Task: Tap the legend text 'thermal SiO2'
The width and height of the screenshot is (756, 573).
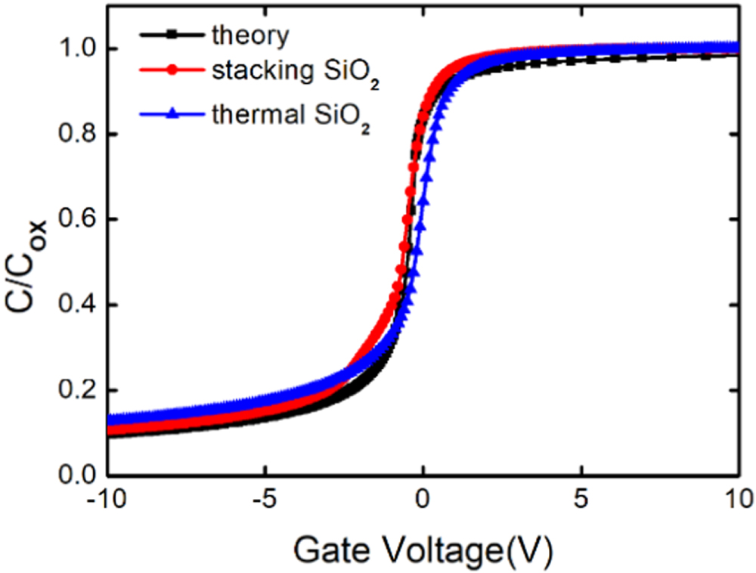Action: pos(290,116)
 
